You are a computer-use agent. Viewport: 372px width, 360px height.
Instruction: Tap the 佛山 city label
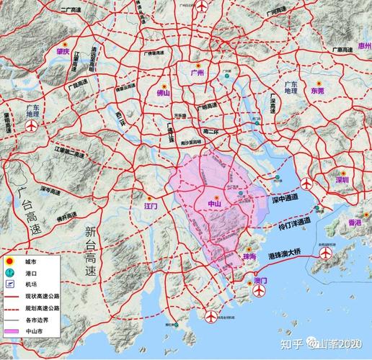pos(164,92)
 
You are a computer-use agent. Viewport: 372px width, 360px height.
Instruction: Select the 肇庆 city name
pos(63,52)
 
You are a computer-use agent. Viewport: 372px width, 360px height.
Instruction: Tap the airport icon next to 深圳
pos(309,182)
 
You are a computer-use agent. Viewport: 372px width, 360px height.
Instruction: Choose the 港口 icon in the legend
pos(10,274)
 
